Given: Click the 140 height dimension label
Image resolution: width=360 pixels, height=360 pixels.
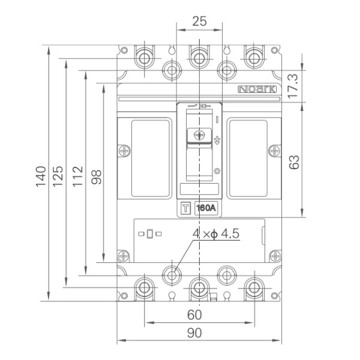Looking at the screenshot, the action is point(41,176).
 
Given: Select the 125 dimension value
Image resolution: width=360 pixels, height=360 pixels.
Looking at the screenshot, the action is point(58,176).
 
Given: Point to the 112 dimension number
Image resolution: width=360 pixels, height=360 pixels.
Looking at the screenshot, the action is point(77,176).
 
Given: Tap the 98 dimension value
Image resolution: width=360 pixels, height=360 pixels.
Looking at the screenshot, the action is point(96,177).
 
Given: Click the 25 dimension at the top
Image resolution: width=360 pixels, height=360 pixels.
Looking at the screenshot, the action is point(199,21).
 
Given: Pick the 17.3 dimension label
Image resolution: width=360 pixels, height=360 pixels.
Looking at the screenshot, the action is point(293,86).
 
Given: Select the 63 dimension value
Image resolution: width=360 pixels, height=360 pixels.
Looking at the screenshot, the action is point(294,163).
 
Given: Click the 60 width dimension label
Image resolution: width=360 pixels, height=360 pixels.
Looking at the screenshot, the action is point(194,314).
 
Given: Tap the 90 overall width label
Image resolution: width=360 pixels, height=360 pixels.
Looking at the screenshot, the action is point(194,332).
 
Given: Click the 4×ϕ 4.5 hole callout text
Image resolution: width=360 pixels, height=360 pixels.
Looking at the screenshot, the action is point(216,234).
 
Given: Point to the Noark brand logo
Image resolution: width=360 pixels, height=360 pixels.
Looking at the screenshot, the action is point(257,89).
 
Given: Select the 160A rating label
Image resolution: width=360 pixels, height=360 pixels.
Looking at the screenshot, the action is point(206,208).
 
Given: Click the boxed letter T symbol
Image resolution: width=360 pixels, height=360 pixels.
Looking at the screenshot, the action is point(186,208).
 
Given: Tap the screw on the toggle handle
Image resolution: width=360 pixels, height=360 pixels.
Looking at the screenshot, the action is point(199,135).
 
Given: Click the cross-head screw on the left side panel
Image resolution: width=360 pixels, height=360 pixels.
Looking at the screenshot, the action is point(125,151).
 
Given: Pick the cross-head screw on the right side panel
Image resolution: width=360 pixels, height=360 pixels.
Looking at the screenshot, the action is point(275,151).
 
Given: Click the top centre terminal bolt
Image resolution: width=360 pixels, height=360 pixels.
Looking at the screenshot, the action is point(199,58).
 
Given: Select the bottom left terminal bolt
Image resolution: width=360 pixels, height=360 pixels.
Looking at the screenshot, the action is point(144,287).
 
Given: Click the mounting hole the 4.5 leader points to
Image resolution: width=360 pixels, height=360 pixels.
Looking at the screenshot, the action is point(172,275).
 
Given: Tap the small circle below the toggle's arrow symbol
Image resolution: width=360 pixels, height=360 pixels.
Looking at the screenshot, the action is point(217,171).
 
